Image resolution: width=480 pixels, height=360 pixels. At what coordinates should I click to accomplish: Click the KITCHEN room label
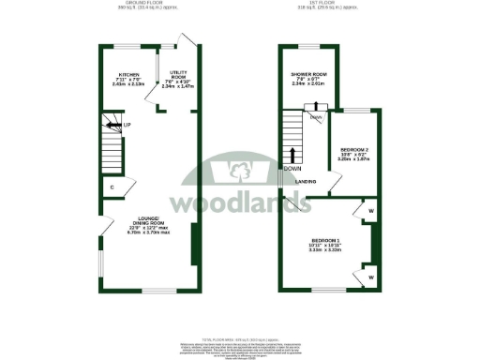coord(129,75)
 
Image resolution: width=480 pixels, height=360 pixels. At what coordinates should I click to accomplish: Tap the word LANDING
coord(305,181)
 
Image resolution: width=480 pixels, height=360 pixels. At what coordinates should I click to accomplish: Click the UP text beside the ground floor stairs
coord(127,124)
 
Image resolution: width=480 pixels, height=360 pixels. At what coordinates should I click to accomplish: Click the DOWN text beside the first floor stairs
coord(306,167)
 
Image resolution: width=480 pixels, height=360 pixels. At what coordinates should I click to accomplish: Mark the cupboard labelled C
coord(112,187)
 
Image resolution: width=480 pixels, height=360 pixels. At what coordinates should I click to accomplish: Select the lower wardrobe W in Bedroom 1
coord(371,277)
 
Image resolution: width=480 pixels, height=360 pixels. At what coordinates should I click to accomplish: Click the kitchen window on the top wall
coord(128,46)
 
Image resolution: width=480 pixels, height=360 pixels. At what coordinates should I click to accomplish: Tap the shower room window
coord(309,46)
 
